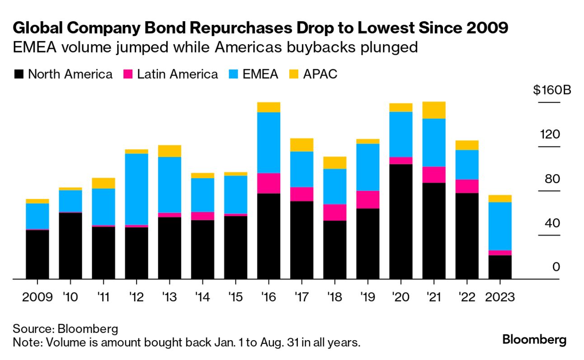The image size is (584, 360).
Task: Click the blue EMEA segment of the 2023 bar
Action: click(x=500, y=226)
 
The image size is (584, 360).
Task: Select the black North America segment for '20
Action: click(x=401, y=221)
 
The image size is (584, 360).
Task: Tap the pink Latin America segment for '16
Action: click(x=268, y=183)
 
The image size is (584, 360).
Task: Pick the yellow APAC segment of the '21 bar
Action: click(x=434, y=110)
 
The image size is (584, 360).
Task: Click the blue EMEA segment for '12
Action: click(x=136, y=189)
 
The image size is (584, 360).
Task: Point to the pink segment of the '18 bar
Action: click(x=334, y=212)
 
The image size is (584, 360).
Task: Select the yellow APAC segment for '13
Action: click(x=170, y=151)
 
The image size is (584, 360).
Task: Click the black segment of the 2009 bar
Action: click(x=37, y=254)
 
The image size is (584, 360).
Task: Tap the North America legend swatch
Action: click(x=19, y=74)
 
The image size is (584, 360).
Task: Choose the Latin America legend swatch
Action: click(x=128, y=74)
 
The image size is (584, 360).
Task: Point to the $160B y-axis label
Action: click(x=552, y=90)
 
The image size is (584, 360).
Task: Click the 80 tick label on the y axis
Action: click(x=552, y=179)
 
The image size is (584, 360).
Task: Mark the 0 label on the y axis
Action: click(x=556, y=267)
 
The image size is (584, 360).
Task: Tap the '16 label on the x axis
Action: click(x=268, y=298)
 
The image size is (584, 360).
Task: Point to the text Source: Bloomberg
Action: click(x=66, y=328)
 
